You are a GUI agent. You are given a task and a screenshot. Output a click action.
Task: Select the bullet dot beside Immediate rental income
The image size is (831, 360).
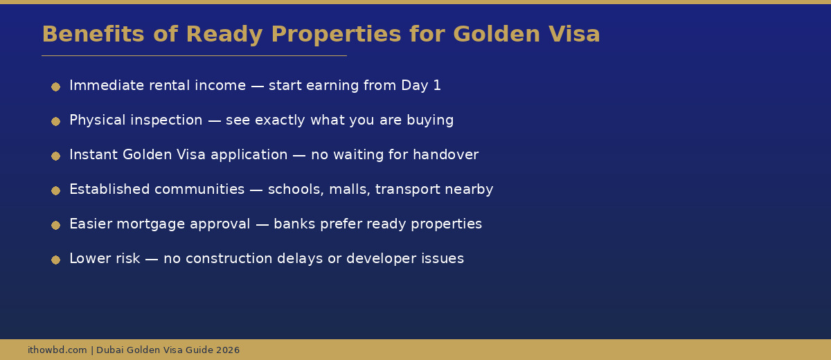(x=55, y=87)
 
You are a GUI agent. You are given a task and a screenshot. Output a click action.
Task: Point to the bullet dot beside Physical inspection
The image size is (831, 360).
(x=55, y=121)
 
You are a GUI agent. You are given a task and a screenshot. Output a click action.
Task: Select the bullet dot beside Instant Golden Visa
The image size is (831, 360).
(x=55, y=156)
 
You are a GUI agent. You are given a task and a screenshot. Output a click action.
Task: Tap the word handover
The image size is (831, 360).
(x=445, y=155)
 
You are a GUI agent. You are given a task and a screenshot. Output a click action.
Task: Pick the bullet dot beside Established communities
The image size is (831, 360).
(x=55, y=190)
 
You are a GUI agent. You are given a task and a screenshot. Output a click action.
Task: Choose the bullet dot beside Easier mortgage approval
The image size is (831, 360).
(x=55, y=225)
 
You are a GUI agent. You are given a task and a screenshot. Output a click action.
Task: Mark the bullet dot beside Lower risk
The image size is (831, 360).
(x=55, y=260)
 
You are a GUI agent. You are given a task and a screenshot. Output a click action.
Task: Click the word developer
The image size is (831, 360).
(x=382, y=259)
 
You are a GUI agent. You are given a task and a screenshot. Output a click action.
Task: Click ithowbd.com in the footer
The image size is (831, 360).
(x=57, y=350)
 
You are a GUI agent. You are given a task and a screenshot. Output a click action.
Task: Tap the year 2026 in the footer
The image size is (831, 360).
(x=228, y=350)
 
